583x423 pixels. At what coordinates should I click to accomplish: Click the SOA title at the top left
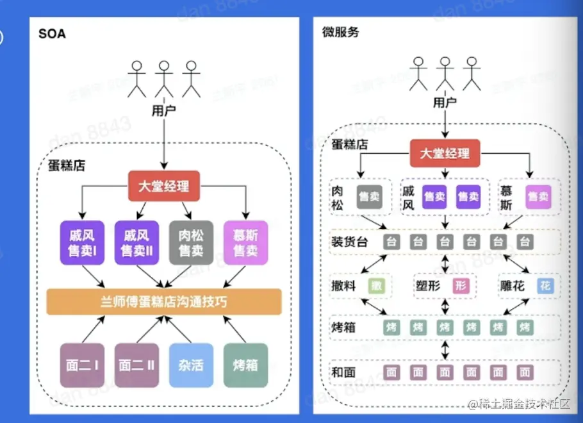52,33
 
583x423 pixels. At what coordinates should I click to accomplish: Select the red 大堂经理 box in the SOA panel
164,187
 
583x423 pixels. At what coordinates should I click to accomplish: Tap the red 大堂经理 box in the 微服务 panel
445,153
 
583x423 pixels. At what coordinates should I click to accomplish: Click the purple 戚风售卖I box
83,243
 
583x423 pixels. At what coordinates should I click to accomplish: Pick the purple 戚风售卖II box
136,243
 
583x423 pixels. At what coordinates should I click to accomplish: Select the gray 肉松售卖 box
191,243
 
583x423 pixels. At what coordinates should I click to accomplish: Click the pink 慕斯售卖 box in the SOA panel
245,243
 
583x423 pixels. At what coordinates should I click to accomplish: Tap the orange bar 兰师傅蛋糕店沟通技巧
164,301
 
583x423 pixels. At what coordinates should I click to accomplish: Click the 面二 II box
136,365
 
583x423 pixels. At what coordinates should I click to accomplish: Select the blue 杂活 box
191,365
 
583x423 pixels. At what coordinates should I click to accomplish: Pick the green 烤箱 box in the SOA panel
245,365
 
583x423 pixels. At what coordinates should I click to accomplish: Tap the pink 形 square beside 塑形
461,286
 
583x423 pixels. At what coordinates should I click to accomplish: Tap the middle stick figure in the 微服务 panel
445,73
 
